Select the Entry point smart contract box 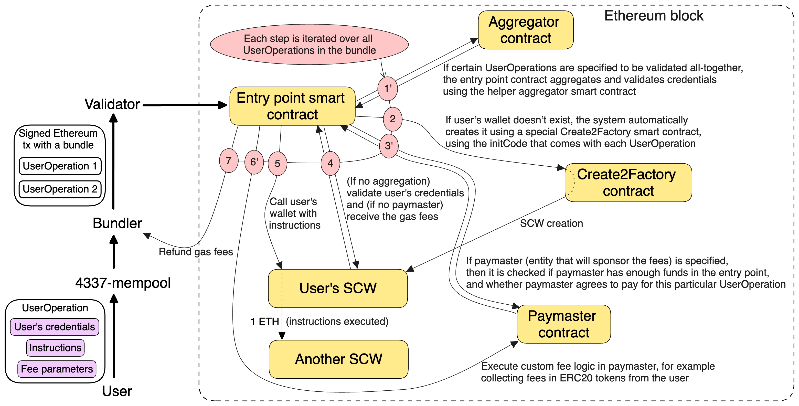tap(292, 106)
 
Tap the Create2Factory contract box tap(628, 183)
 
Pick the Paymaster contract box tap(563, 324)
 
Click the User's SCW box tap(337, 289)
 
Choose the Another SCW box tap(338, 359)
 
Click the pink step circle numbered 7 tap(229, 160)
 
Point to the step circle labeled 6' tap(254, 162)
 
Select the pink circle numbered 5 tap(277, 164)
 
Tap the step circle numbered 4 tap(330, 163)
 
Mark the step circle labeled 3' tap(389, 146)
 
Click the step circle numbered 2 tap(392, 119)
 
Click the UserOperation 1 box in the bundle tap(60, 166)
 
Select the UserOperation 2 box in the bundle tap(60, 189)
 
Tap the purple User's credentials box tap(55, 327)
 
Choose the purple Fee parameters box tap(57, 369)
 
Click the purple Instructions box tap(55, 348)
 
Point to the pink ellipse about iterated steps tap(309, 45)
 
